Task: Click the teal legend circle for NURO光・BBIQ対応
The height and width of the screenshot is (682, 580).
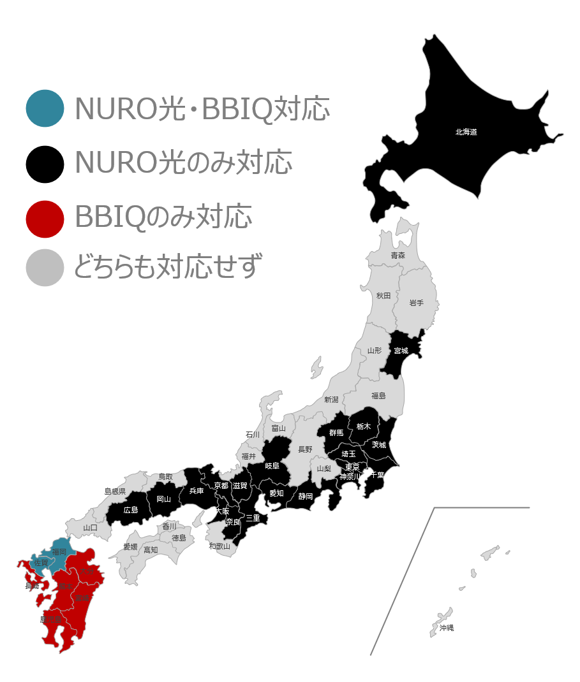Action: tap(45, 108)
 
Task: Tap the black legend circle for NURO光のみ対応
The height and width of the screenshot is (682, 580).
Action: tap(45, 164)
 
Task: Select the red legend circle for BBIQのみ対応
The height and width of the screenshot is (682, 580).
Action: tap(45, 218)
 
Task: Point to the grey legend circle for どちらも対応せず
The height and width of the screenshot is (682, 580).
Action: tap(45, 268)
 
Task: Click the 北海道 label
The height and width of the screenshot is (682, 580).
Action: tap(466, 133)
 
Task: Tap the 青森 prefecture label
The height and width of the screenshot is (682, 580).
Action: tap(398, 256)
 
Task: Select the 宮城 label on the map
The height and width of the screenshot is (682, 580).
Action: tap(401, 351)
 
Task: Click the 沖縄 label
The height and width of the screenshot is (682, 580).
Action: tap(447, 628)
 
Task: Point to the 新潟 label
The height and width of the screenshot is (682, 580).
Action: tap(331, 400)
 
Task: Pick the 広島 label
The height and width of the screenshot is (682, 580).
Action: tap(131, 510)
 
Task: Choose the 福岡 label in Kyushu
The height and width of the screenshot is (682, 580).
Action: tap(59, 552)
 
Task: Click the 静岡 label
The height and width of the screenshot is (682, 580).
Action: tap(306, 497)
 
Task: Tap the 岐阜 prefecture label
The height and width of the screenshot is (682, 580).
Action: tap(272, 466)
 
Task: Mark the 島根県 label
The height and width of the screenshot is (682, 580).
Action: tap(115, 491)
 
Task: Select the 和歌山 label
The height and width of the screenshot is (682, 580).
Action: tap(219, 546)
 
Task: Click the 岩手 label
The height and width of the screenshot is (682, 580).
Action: tap(416, 303)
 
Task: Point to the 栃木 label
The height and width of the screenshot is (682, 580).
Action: tap(363, 426)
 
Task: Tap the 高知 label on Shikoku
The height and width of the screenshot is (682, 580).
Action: tap(151, 550)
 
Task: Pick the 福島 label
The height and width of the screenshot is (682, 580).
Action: tap(378, 396)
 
